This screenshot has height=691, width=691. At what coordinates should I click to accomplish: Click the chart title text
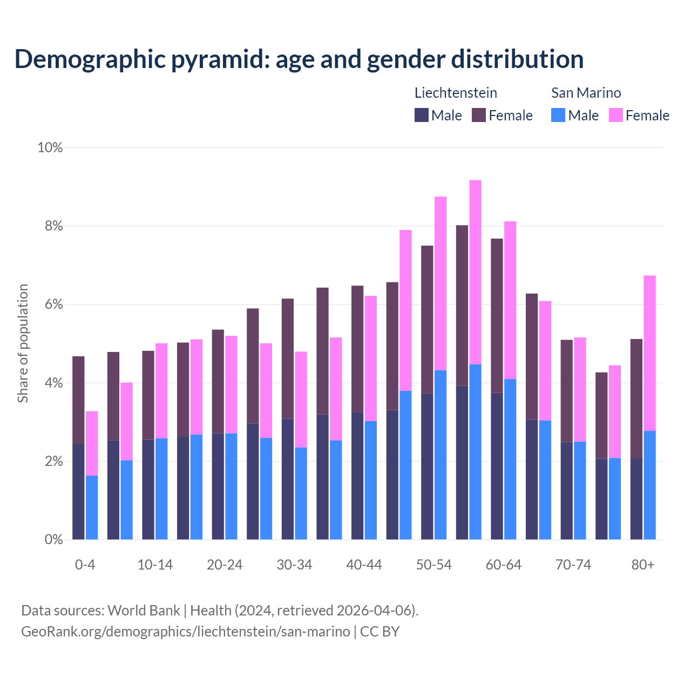pos(299,59)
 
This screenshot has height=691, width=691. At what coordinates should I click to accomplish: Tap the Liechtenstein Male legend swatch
pos(422,115)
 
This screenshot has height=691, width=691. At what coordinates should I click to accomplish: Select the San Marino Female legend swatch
pos(615,115)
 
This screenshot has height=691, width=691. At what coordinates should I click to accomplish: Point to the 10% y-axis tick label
pos(50,147)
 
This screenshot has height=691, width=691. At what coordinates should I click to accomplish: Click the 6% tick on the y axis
pos(53,304)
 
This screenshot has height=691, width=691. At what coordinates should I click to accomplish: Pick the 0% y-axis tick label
pos(53,539)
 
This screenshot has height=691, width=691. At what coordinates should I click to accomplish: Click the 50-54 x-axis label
pos(433,565)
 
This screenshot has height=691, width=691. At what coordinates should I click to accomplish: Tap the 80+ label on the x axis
pos(643,565)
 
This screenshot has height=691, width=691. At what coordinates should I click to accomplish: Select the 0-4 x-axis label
pos(85,565)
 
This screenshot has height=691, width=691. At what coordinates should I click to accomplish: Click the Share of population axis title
pos(23,343)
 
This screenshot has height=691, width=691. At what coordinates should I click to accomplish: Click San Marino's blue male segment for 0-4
pos(92,507)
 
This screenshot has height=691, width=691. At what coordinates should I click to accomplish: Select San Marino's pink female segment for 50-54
pos(441,283)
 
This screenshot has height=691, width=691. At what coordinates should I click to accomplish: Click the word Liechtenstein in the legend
pos(456,93)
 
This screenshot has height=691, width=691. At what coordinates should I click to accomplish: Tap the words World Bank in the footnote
pos(144,611)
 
